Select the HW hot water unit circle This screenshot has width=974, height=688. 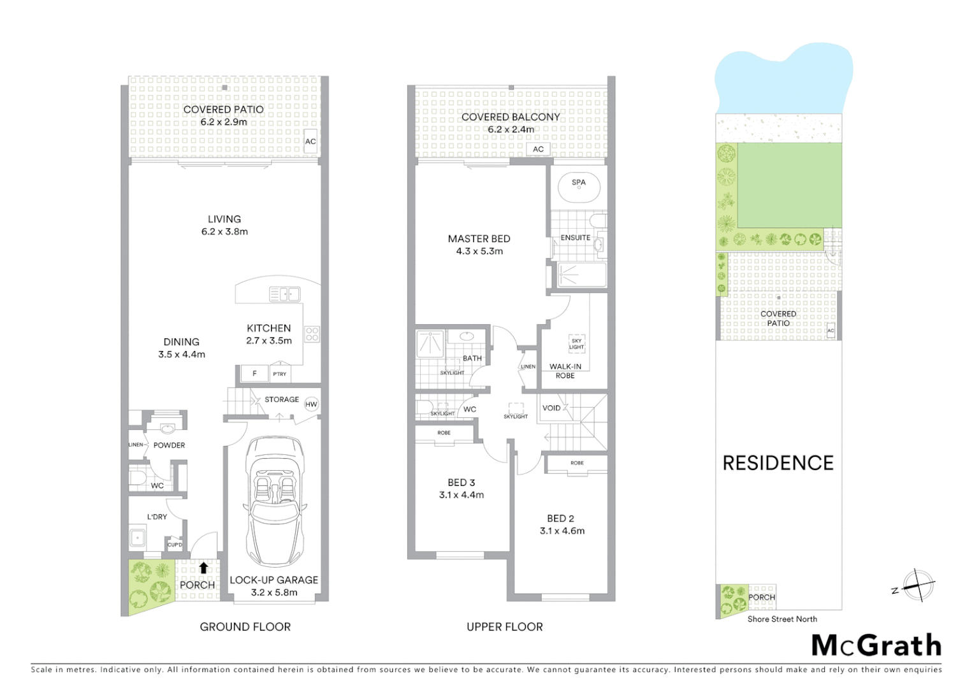pyautogui.click(x=311, y=405)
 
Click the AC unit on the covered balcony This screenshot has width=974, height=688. pyautogui.click(x=539, y=149)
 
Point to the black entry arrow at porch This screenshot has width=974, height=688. pyautogui.click(x=203, y=567)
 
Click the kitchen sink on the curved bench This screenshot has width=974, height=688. pyautogui.click(x=284, y=294)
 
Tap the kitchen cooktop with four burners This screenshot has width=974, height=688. pyautogui.click(x=312, y=334)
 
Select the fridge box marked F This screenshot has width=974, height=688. pyautogui.click(x=254, y=374)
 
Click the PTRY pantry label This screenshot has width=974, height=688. pyautogui.click(x=280, y=374)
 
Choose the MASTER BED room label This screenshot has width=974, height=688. pyautogui.click(x=479, y=239)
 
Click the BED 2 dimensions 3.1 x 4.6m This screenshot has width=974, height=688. pyautogui.click(x=562, y=531)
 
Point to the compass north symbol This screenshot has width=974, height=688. pyautogui.click(x=918, y=585)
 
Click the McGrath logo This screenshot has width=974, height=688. pyautogui.click(x=876, y=645)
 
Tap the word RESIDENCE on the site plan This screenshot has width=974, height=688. pyautogui.click(x=778, y=463)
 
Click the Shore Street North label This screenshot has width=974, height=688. pyautogui.click(x=782, y=619)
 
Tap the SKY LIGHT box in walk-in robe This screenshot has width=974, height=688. pyautogui.click(x=576, y=344)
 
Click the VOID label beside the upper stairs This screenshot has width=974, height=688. pyautogui.click(x=551, y=408)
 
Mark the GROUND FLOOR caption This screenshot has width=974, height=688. pyautogui.click(x=245, y=627)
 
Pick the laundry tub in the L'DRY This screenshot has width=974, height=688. pyautogui.click(x=138, y=538)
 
